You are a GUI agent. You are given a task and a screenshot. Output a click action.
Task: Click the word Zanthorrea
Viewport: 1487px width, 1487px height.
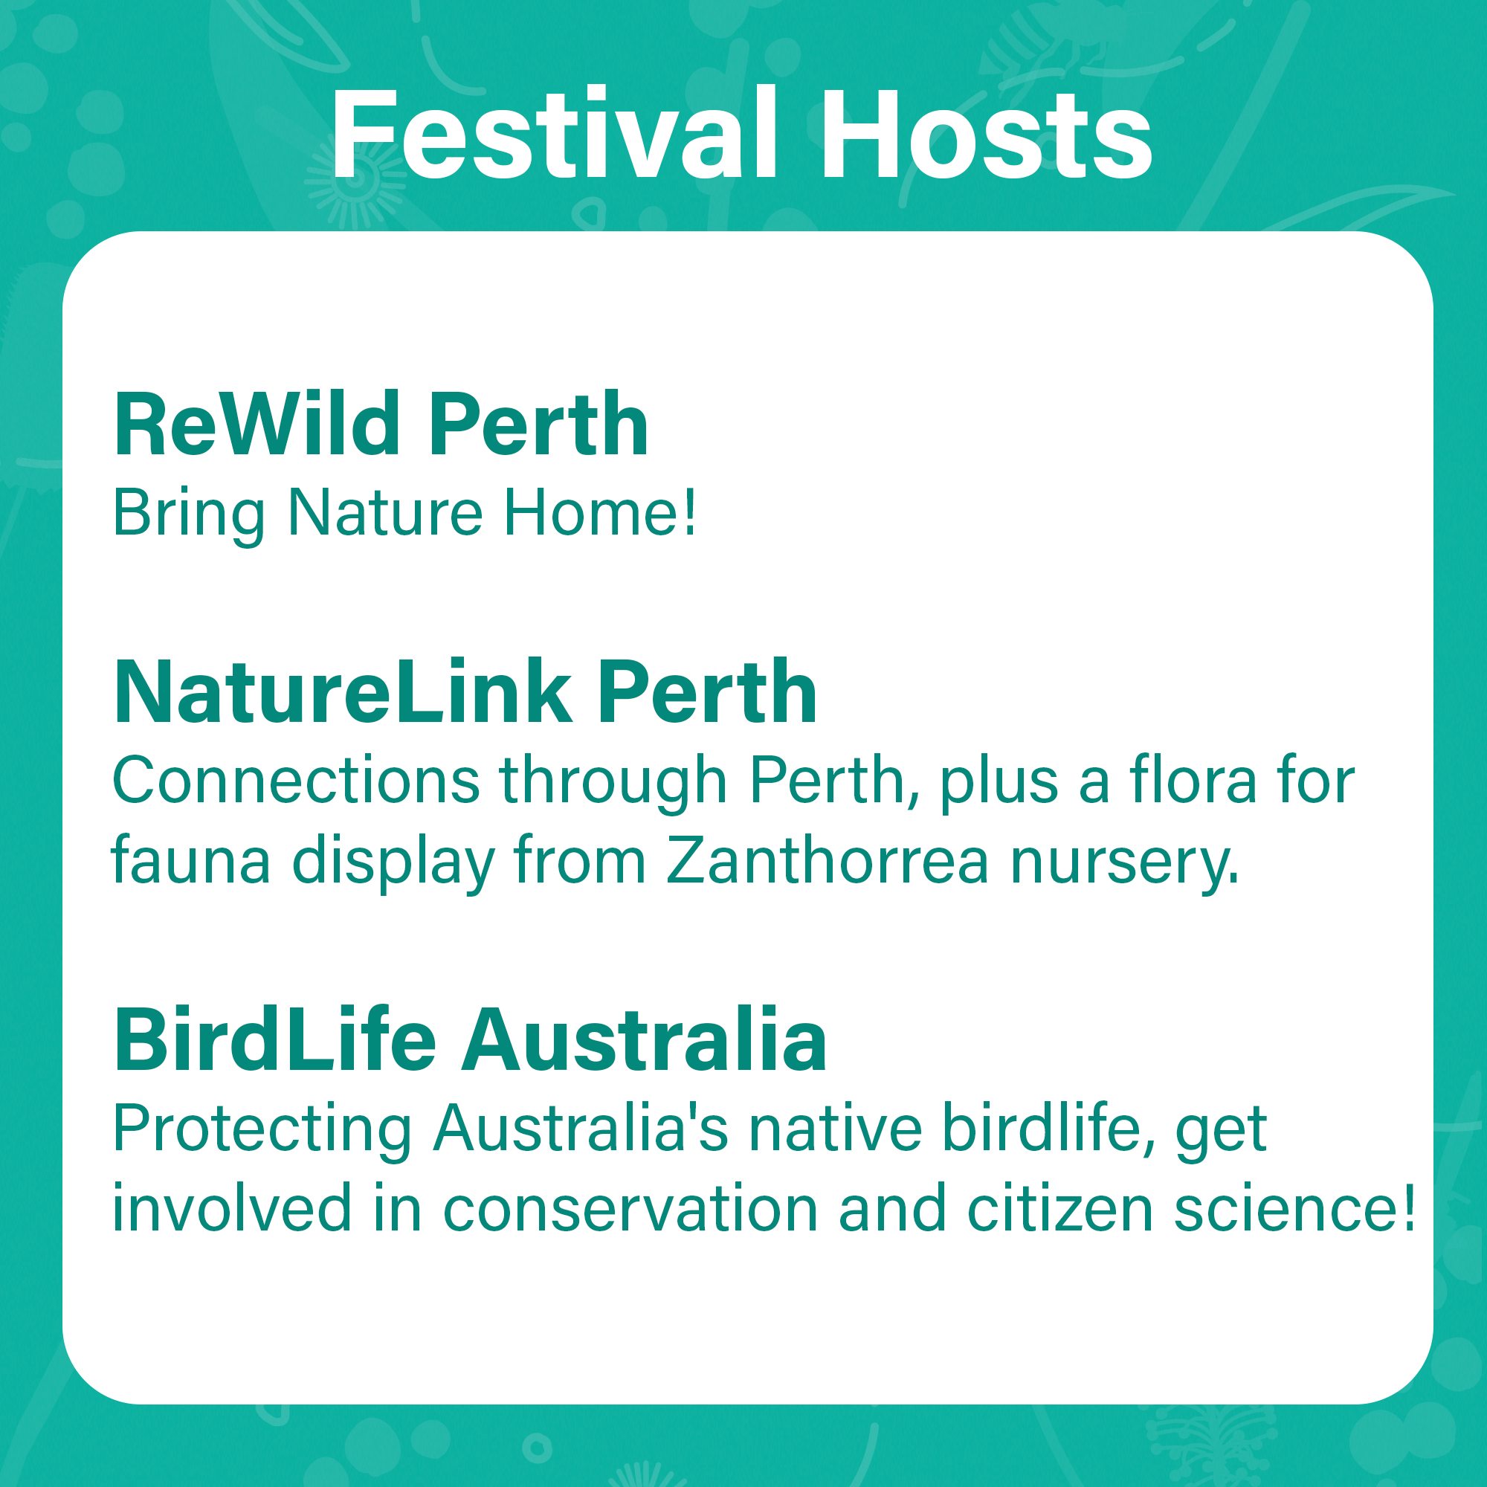point(827,861)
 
